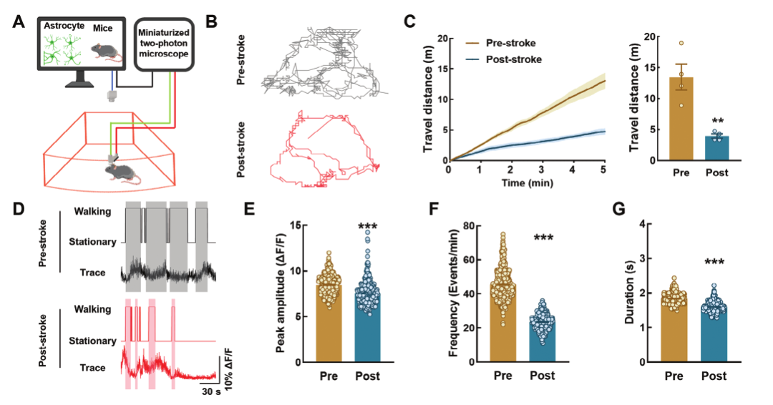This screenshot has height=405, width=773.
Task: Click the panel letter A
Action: click(19, 21)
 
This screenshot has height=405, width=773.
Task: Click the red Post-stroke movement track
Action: click(323, 150)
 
